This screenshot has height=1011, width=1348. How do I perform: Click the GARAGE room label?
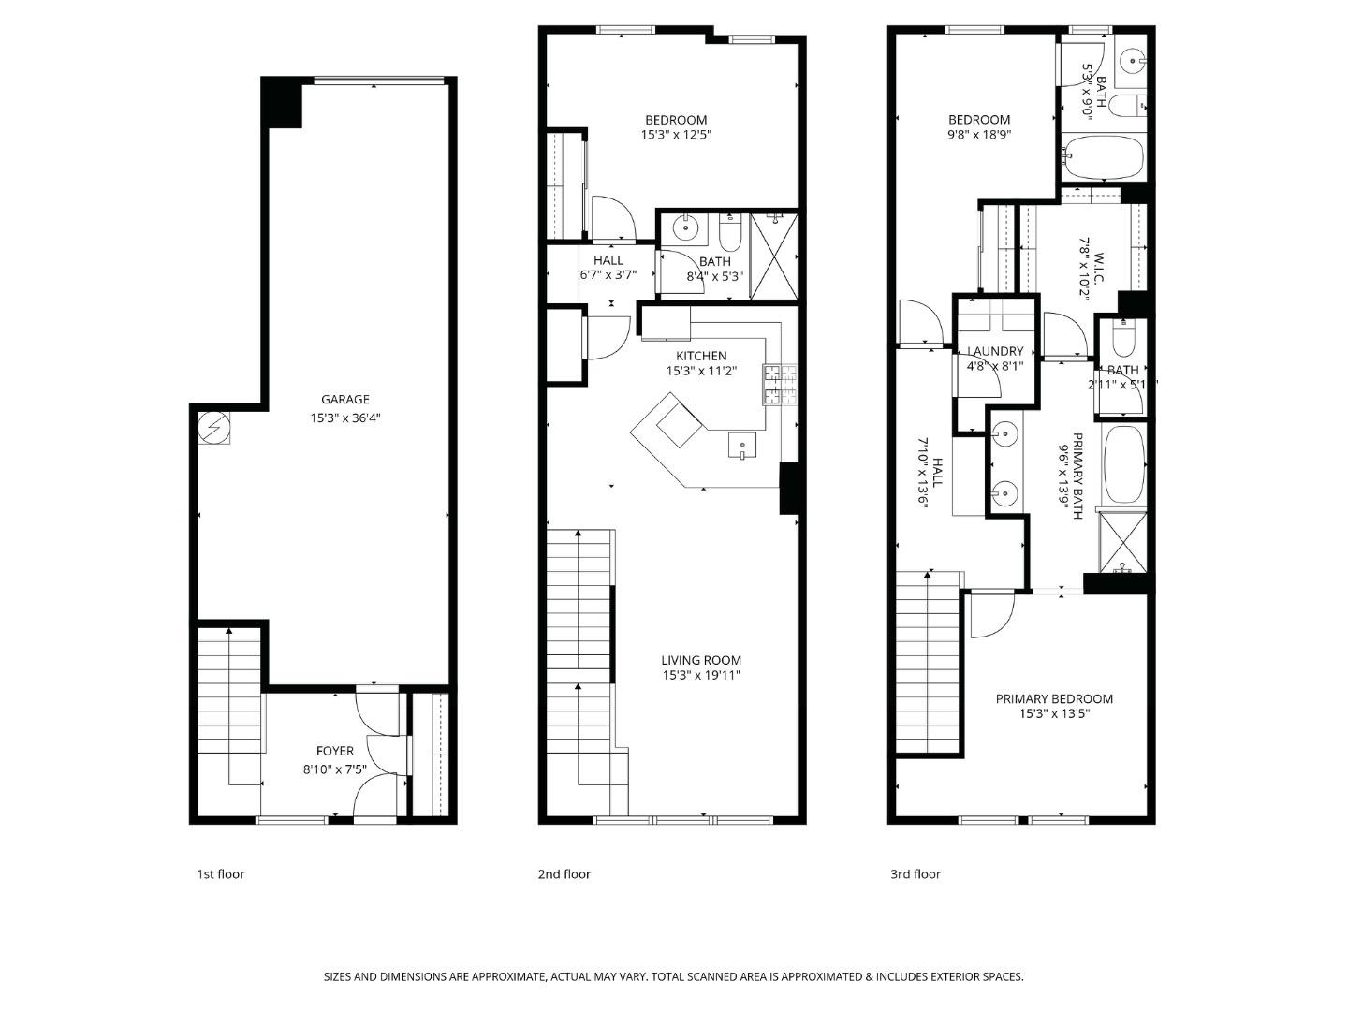coord(345,400)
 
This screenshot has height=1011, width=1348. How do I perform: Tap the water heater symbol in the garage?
coord(212,430)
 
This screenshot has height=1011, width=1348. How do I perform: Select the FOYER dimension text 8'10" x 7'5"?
coord(334,769)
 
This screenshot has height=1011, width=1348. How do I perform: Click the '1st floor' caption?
coord(220,874)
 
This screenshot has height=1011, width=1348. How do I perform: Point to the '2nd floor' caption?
coord(564,874)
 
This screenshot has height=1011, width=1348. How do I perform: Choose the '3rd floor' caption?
coord(915,874)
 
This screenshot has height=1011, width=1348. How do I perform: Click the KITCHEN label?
coord(701,356)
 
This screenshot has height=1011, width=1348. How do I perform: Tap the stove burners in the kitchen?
coord(780,385)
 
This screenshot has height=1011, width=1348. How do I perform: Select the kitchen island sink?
coord(743,447)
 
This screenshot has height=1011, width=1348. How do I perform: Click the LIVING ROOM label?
coord(701,660)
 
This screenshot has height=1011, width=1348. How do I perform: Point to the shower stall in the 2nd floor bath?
coord(773,256)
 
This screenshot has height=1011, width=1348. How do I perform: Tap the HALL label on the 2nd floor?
coord(608,260)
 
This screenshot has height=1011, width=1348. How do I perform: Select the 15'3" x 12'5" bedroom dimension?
coord(676,135)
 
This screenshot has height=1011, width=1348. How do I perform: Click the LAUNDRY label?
coord(995,352)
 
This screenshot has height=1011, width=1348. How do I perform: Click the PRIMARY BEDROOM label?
coord(1054,699)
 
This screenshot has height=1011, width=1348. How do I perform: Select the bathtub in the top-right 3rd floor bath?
coord(1105,158)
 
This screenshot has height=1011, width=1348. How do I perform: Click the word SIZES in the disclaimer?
coord(339,976)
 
